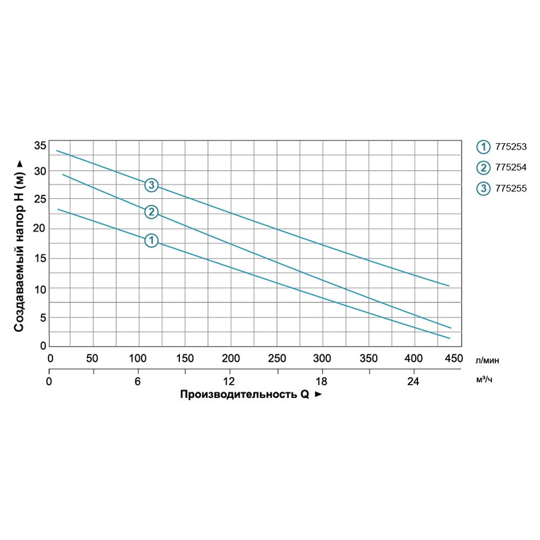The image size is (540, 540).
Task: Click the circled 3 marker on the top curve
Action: [x=151, y=185]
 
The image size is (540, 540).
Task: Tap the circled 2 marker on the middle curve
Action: [x=151, y=212]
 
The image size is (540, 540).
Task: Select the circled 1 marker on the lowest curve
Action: [x=151, y=240]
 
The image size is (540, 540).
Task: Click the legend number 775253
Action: [x=510, y=146]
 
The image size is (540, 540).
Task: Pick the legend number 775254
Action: [x=510, y=167]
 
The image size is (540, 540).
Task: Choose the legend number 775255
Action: [x=510, y=188]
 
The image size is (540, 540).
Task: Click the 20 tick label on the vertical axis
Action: [x=39, y=229]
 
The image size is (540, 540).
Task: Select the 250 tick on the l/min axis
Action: [x=276, y=358]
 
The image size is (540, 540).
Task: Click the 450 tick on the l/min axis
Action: [x=453, y=358]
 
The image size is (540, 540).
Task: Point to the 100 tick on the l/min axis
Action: [x=138, y=358]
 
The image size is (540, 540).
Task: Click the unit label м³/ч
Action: [x=484, y=380]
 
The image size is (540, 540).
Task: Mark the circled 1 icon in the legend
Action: [x=482, y=147]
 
